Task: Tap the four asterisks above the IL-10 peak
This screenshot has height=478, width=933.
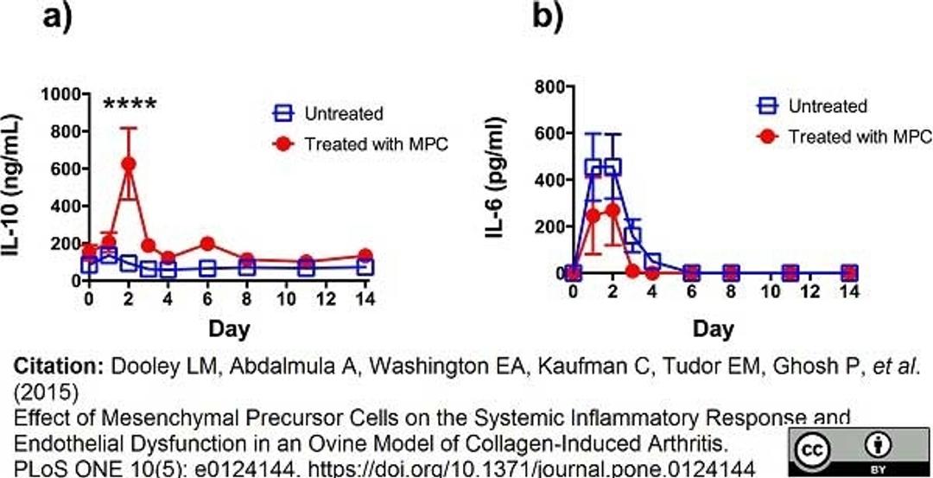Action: [x=130, y=105]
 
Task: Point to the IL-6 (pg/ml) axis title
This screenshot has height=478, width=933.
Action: [x=500, y=179]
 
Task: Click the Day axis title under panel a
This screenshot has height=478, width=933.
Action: [x=230, y=328]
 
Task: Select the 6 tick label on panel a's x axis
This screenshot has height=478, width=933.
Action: [x=207, y=299]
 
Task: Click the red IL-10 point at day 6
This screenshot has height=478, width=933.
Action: [x=207, y=245]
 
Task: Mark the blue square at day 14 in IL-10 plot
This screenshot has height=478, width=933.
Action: [x=365, y=267]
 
